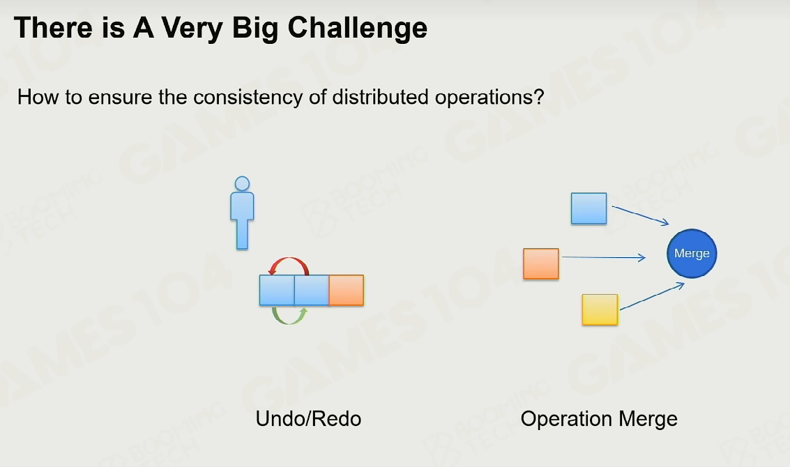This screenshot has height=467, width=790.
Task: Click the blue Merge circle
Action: pyautogui.click(x=692, y=254)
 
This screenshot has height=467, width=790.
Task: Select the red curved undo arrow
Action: pyautogui.click(x=289, y=259)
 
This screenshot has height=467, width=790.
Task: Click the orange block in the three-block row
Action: pyautogui.click(x=347, y=290)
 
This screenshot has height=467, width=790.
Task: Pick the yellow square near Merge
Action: pyautogui.click(x=600, y=309)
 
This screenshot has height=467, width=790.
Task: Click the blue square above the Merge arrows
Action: pyautogui.click(x=589, y=208)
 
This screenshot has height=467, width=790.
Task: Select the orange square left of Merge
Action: pyautogui.click(x=541, y=263)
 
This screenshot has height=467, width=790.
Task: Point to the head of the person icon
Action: pyautogui.click(x=243, y=183)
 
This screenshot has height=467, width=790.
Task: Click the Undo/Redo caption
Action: pyautogui.click(x=308, y=419)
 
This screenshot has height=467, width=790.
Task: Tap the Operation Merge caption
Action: pyautogui.click(x=599, y=419)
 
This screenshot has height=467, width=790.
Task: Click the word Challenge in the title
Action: pyautogui.click(x=358, y=28)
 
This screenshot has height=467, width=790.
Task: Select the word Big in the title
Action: pyautogui.click(x=255, y=28)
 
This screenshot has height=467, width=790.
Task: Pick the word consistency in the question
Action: pyautogui.click(x=248, y=97)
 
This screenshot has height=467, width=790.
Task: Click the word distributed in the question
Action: pyautogui.click(x=381, y=97)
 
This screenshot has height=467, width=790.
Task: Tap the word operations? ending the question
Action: pyautogui.click(x=489, y=97)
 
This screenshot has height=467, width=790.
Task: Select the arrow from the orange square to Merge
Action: pyautogui.click(x=604, y=257)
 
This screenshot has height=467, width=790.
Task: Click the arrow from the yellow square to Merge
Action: pyautogui.click(x=652, y=296)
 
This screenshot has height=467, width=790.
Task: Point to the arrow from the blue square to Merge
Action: pyautogui.click(x=640, y=215)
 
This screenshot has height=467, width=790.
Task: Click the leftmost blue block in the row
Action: pyautogui.click(x=277, y=290)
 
